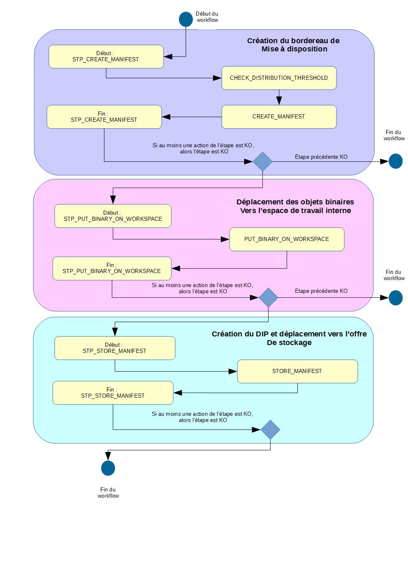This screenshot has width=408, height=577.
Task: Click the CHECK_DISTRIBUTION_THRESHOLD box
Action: coord(279,78)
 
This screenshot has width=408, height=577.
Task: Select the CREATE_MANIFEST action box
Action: coord(279,117)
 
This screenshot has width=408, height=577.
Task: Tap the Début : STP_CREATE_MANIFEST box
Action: coord(106,56)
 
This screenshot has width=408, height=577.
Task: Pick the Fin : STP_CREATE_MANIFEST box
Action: coord(104,117)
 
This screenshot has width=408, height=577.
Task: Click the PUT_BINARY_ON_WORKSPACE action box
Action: coord(287,239)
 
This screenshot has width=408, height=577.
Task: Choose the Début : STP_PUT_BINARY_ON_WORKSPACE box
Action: coord(113,216)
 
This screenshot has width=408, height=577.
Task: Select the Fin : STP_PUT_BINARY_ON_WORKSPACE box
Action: coord(112,268)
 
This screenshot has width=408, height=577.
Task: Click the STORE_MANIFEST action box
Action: coord(297,371)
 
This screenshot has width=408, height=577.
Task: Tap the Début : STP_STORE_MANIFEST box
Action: coord(115,348)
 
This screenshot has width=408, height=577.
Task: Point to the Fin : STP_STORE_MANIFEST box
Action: coord(113,393)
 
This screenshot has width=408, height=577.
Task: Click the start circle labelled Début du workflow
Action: coord(186,19)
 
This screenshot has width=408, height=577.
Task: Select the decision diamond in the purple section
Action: coord(262,162)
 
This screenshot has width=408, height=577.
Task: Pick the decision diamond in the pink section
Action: coord(268,297)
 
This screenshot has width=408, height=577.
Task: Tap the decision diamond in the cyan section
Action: coord(270,430)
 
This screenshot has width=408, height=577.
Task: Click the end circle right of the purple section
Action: coord(395,161)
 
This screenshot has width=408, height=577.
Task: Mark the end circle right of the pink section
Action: coord(395,298)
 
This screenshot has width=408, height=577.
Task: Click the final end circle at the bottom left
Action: coord(108,468)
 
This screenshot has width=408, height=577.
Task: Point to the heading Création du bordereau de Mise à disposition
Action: coord(293,45)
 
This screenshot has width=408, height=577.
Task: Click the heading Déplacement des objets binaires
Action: coord(295,202)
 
